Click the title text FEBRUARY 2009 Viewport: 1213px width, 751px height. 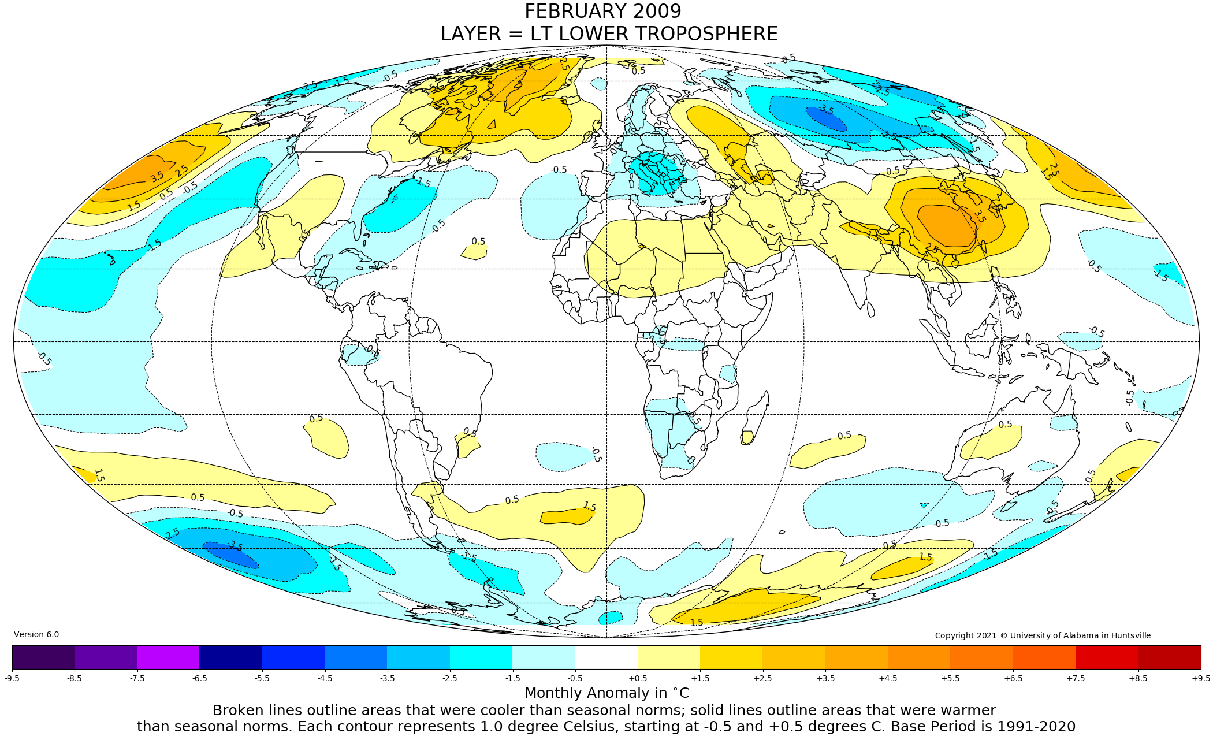(x=602, y=12)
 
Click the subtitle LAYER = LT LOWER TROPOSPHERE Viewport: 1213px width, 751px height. (x=609, y=34)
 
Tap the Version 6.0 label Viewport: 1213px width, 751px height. (x=36, y=634)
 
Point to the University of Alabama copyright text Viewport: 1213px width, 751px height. (x=1043, y=635)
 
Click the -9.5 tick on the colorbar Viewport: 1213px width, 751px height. (x=12, y=678)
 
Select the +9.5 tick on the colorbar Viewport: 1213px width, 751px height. (x=1200, y=678)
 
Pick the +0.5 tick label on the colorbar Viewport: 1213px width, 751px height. (x=637, y=678)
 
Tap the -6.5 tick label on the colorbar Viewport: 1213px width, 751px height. (x=199, y=678)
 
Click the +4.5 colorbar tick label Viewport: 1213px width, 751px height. (x=888, y=678)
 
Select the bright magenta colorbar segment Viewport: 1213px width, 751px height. (x=168, y=657)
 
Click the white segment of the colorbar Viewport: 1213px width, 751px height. (x=606, y=657)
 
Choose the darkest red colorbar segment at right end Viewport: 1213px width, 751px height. (x=1169, y=657)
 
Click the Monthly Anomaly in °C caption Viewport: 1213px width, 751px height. (x=606, y=693)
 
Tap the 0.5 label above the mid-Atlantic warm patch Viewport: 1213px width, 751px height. (x=478, y=241)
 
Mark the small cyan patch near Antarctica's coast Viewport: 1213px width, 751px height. (x=611, y=618)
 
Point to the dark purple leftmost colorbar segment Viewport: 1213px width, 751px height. (x=43, y=657)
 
